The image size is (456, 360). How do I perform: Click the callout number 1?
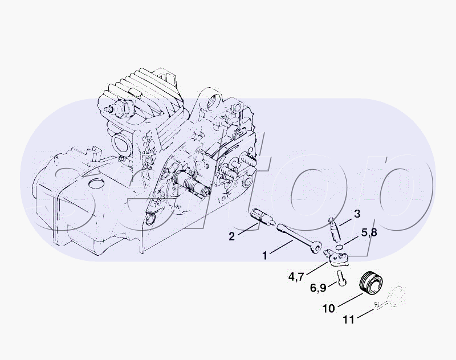(x=264, y=256)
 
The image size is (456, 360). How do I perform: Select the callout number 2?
(x=231, y=236)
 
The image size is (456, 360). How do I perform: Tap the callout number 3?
(x=357, y=214)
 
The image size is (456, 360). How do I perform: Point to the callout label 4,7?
(x=296, y=277)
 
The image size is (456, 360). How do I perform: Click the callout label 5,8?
(x=369, y=233)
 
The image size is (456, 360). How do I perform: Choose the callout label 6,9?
(x=318, y=288)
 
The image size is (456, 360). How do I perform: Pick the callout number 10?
(x=329, y=309)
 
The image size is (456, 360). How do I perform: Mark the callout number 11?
(x=349, y=320)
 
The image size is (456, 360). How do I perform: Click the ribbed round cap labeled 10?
(x=372, y=283)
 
